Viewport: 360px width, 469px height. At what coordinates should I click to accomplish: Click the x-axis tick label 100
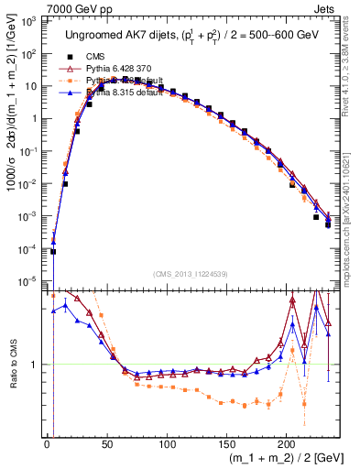click(x=167, y=444)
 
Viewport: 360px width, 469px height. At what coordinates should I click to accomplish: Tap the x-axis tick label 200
click(x=287, y=444)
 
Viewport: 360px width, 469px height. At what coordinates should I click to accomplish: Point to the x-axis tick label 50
click(x=107, y=444)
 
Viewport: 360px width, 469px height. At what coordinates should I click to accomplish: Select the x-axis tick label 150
click(x=226, y=444)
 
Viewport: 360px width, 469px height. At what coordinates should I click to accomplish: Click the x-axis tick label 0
click(x=48, y=444)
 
